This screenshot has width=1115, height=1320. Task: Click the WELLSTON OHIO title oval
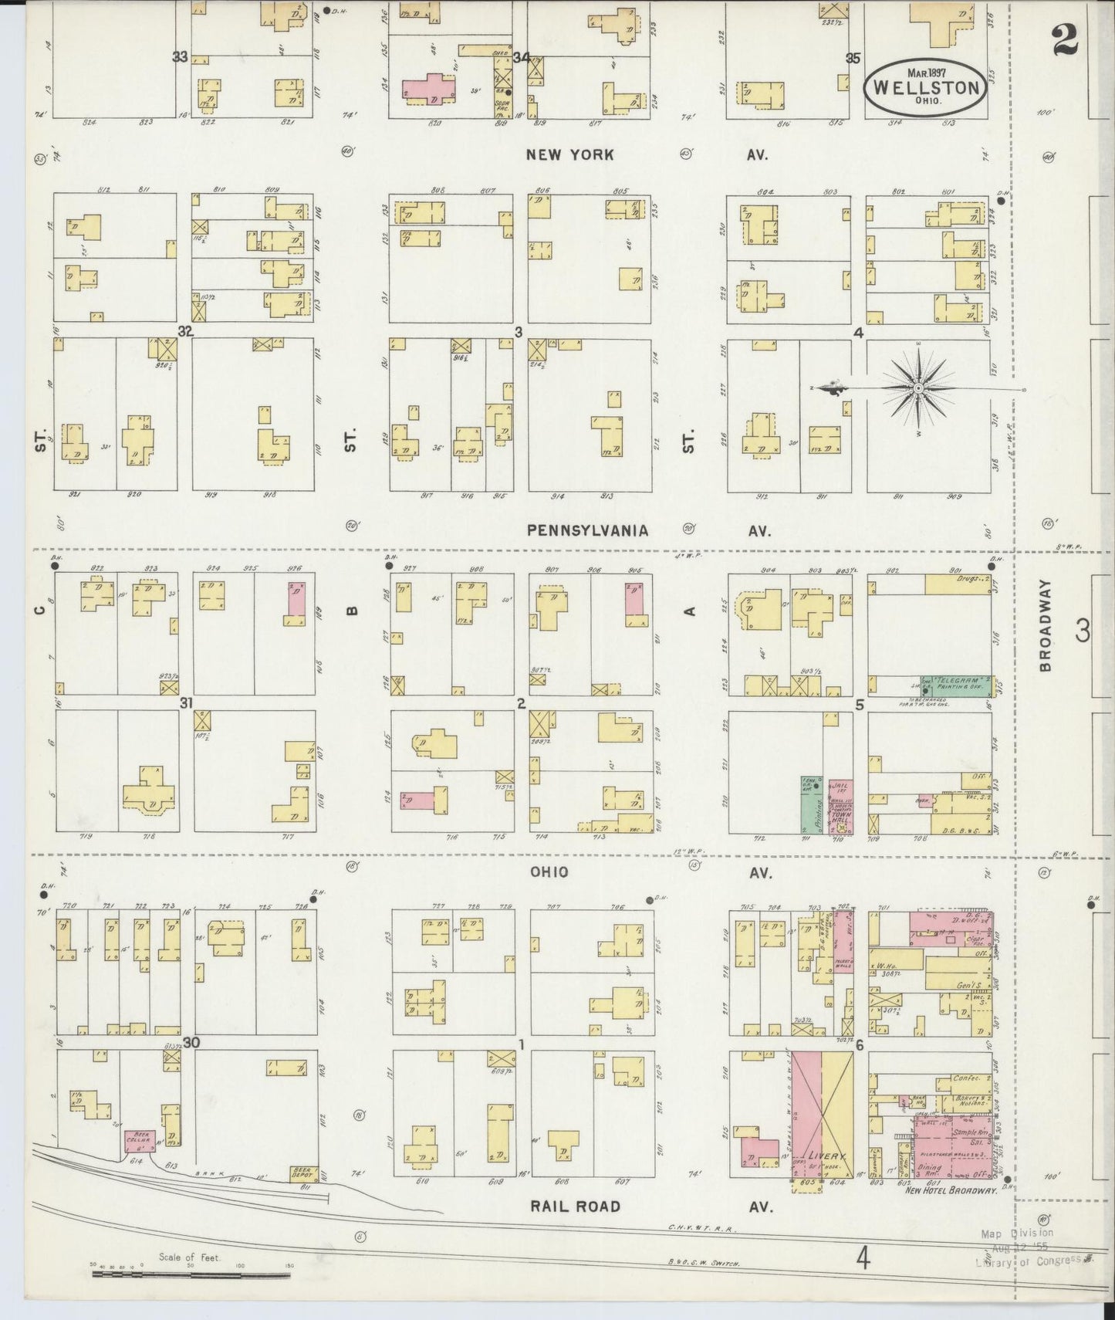coord(924,86)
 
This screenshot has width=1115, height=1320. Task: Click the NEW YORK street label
coord(569,154)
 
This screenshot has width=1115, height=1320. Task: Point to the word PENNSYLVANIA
coord(588,530)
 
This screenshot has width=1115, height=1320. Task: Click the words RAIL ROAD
coord(575,1205)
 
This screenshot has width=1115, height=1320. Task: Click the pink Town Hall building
coord(841,807)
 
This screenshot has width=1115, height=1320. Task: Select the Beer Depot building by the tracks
coord(303,1174)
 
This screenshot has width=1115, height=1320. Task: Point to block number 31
coord(185,702)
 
